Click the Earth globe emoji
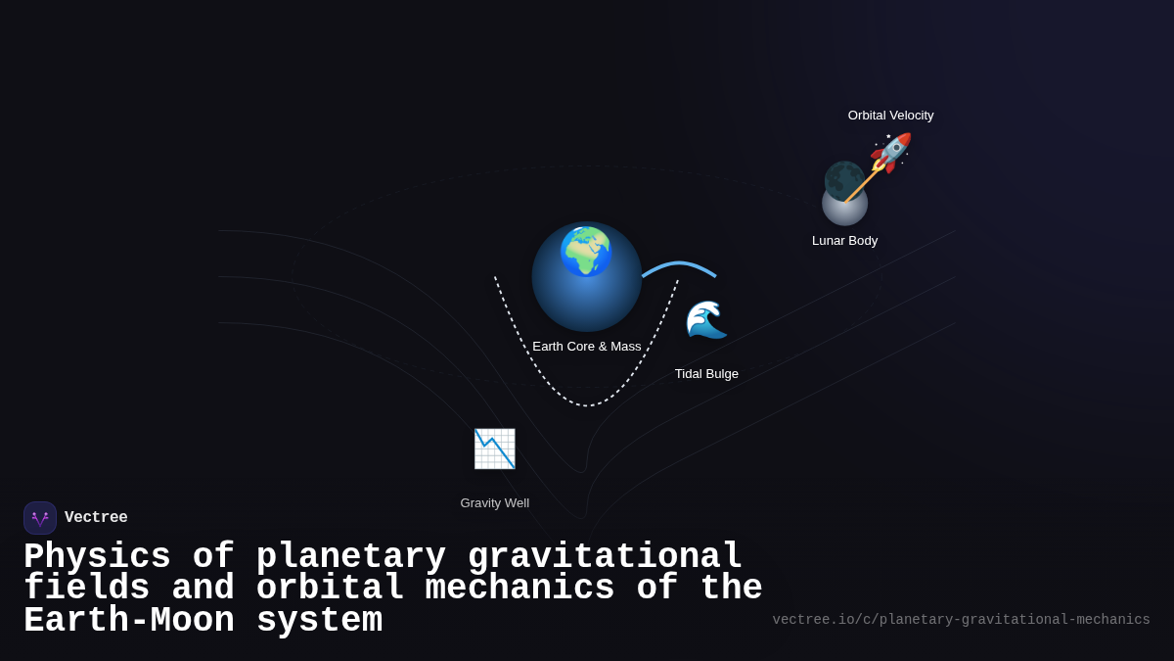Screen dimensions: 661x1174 coord(586,252)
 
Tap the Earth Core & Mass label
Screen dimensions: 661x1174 coord(587,347)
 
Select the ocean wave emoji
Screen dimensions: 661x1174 coord(706,319)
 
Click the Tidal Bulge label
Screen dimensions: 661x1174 coord(706,374)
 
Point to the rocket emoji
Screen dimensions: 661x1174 coord(890,153)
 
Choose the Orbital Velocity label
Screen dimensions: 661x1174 coord(890,116)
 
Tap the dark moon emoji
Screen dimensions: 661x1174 coord(843,180)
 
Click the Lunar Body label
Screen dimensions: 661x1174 coord(844,241)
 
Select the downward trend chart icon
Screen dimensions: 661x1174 coord(494,449)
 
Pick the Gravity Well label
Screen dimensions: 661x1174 coord(494,503)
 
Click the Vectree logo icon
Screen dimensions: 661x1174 coord(40,518)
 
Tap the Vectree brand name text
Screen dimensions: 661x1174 coord(96,518)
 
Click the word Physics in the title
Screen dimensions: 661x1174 coord(97,557)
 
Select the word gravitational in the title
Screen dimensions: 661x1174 coord(605,557)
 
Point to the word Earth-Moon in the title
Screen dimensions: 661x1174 coord(128,621)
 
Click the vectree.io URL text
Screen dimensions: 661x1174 coord(961,620)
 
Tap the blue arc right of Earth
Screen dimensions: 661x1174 coord(679,265)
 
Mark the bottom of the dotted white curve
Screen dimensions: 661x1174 coord(587,404)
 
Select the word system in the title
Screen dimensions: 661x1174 coord(319,621)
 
